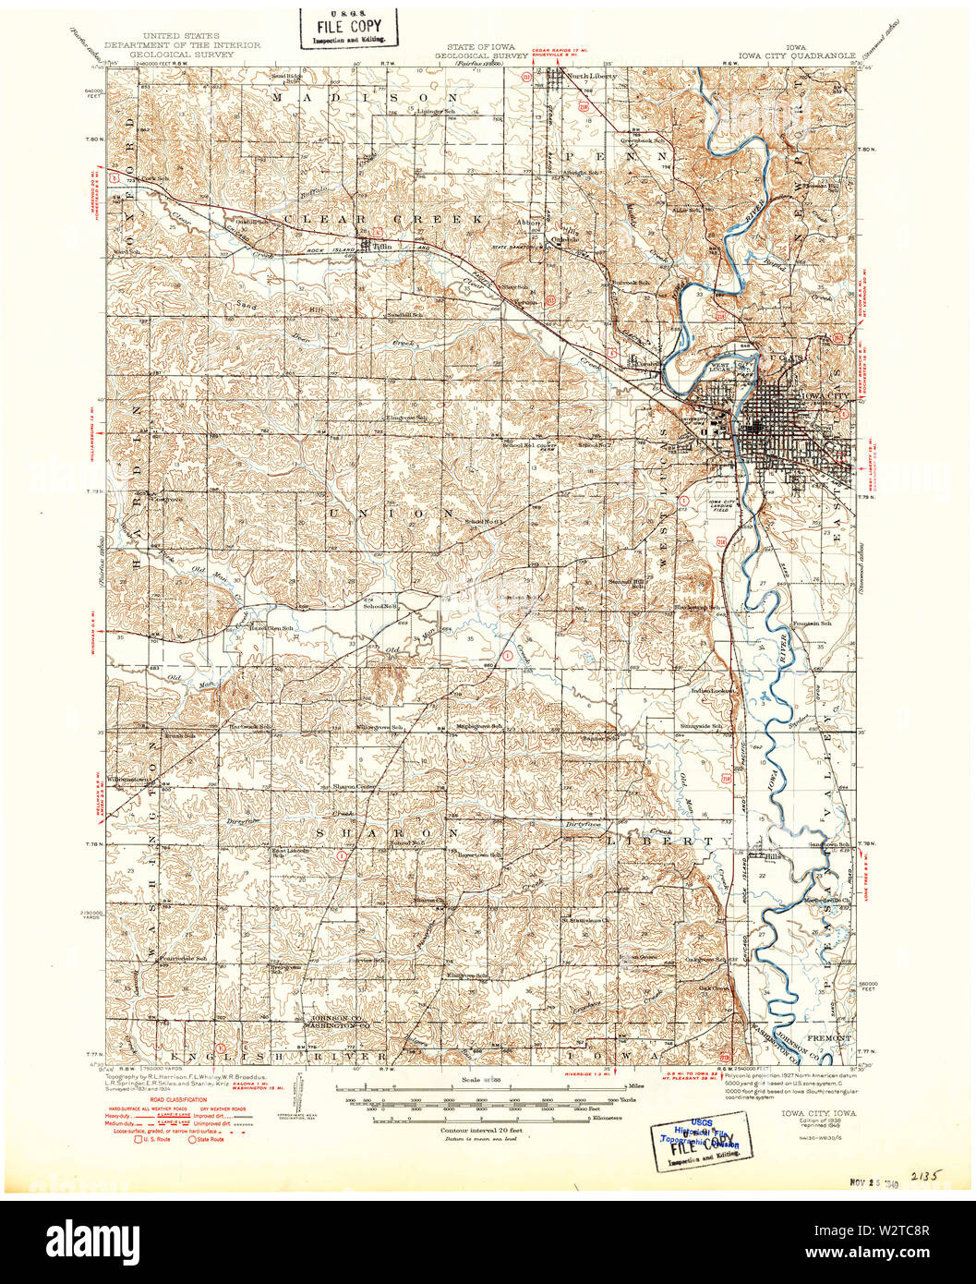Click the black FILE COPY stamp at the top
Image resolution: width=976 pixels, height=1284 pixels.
click(x=348, y=27)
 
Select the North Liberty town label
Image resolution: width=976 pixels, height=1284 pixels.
click(x=591, y=76)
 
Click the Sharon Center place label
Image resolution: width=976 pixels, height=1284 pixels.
click(x=355, y=787)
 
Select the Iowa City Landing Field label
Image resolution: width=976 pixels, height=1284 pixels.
click(x=726, y=504)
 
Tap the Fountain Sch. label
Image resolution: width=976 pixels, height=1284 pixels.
click(x=813, y=624)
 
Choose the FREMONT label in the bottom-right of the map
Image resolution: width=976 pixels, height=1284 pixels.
click(x=828, y=1038)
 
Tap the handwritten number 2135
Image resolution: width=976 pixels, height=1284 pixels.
click(x=923, y=1177)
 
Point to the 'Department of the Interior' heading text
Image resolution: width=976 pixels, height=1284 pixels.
click(x=182, y=44)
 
